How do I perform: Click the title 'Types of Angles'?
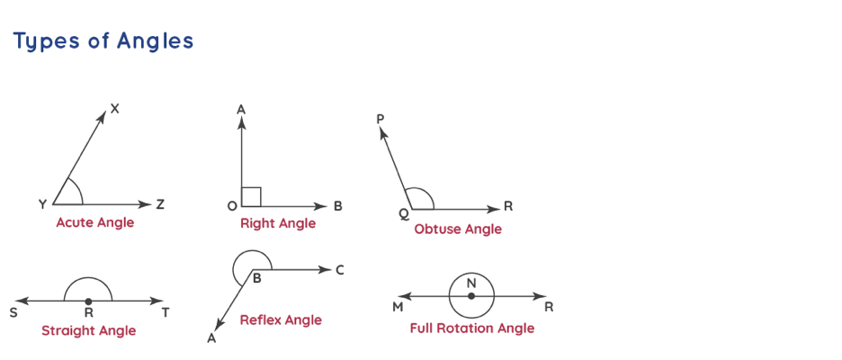103,41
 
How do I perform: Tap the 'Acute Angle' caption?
94,222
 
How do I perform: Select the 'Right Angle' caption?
278,223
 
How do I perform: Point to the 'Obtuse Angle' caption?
458,229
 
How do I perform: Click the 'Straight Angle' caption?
88,330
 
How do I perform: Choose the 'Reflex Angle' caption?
281,319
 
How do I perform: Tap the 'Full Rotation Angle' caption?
471,328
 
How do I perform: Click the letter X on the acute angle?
115,109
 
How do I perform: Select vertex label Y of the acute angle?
42,205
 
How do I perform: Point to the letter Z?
160,205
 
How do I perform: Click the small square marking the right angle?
252,196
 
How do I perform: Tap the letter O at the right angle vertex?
232,206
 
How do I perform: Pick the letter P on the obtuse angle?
381,119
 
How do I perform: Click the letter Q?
403,214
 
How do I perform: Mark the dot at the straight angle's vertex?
88,301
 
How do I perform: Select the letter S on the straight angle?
13,313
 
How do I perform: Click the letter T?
166,313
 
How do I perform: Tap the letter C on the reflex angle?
339,270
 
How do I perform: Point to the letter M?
397,308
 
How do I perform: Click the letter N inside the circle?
471,283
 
